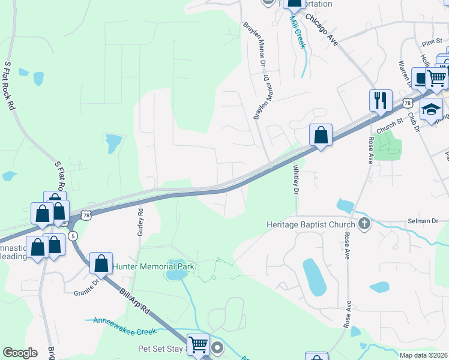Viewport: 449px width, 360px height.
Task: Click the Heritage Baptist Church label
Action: [x=312, y=224]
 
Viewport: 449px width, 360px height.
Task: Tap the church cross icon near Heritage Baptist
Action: [x=363, y=224]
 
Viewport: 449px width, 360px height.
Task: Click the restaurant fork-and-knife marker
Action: [x=381, y=100]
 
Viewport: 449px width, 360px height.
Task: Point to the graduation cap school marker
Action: [x=430, y=110]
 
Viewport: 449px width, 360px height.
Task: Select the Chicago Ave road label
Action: [x=322, y=29]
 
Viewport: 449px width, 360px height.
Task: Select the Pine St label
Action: [x=432, y=41]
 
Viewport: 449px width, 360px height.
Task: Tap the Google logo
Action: [x=20, y=352]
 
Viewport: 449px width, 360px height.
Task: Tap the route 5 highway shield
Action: [x=73, y=235]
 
